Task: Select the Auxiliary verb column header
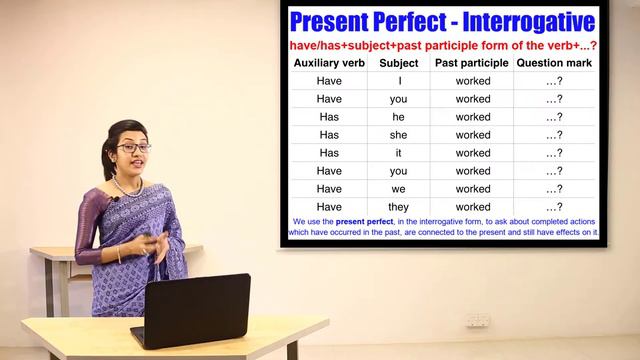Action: [x=329, y=62]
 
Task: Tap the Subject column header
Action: [x=399, y=62]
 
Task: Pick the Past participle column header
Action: [x=472, y=62]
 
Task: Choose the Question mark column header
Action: [x=553, y=62]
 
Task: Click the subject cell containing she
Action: [x=399, y=135]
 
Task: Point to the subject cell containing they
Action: [x=399, y=207]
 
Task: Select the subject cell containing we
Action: [x=399, y=189]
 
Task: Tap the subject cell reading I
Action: [x=399, y=81]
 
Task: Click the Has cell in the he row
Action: [x=329, y=117]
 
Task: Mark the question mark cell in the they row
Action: [x=553, y=207]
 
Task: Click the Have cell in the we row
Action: [x=329, y=189]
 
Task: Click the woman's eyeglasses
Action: [x=133, y=148]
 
